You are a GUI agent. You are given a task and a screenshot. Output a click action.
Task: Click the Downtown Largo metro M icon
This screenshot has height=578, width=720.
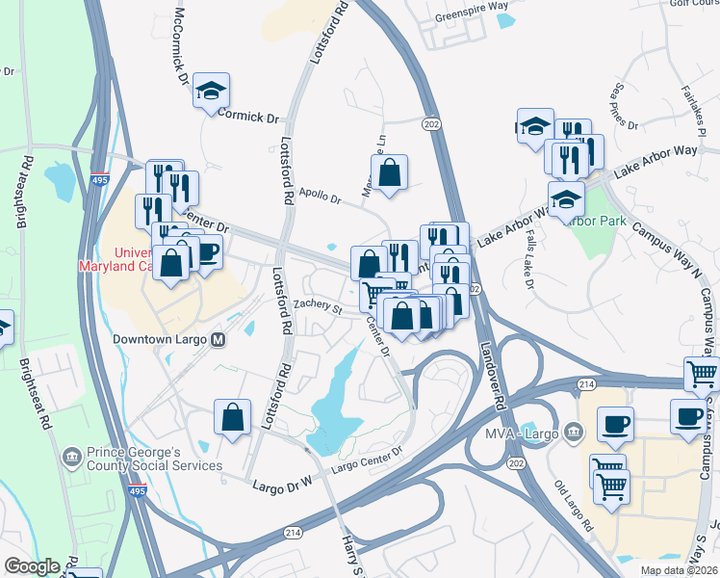tap(219, 339)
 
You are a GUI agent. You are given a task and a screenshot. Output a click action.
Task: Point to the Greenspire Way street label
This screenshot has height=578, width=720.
tap(471, 5)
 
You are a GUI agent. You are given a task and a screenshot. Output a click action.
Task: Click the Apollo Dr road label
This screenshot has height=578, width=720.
tap(321, 197)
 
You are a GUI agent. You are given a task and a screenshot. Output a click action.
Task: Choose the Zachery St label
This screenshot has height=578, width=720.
tap(318, 307)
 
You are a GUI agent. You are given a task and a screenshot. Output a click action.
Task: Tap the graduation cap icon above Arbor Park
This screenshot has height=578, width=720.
tap(567, 198)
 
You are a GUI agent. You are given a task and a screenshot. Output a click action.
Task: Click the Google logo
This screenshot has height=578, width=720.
tap(32, 565)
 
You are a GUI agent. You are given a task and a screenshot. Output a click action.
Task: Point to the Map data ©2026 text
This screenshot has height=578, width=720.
tap(677, 570)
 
